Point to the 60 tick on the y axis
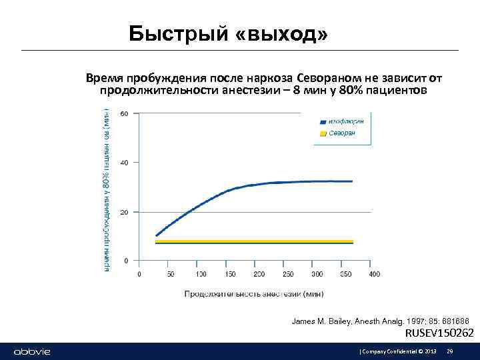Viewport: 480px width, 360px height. point(125,113)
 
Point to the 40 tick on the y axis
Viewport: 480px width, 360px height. point(125,163)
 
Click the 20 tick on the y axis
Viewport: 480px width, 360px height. point(125,212)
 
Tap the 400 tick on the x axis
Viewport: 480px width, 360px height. point(375,274)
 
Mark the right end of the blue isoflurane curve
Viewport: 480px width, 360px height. point(352,181)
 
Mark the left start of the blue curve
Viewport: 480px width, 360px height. point(156,235)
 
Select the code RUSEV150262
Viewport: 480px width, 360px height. point(440,333)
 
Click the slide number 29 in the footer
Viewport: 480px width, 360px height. point(450,351)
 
